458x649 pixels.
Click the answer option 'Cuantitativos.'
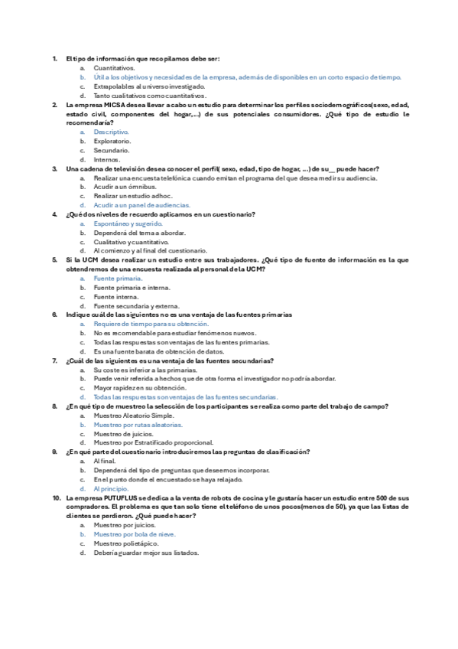pyautogui.click(x=114, y=68)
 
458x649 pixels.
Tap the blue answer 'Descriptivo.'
pyautogui.click(x=112, y=132)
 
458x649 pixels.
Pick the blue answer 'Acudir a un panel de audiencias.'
pyautogui.click(x=141, y=205)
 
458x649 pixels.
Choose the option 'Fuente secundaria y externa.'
pyautogui.click(x=136, y=306)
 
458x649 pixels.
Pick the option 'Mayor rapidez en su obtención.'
pyautogui.click(x=135, y=388)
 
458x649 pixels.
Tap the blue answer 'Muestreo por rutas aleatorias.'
pyautogui.click(x=138, y=425)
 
